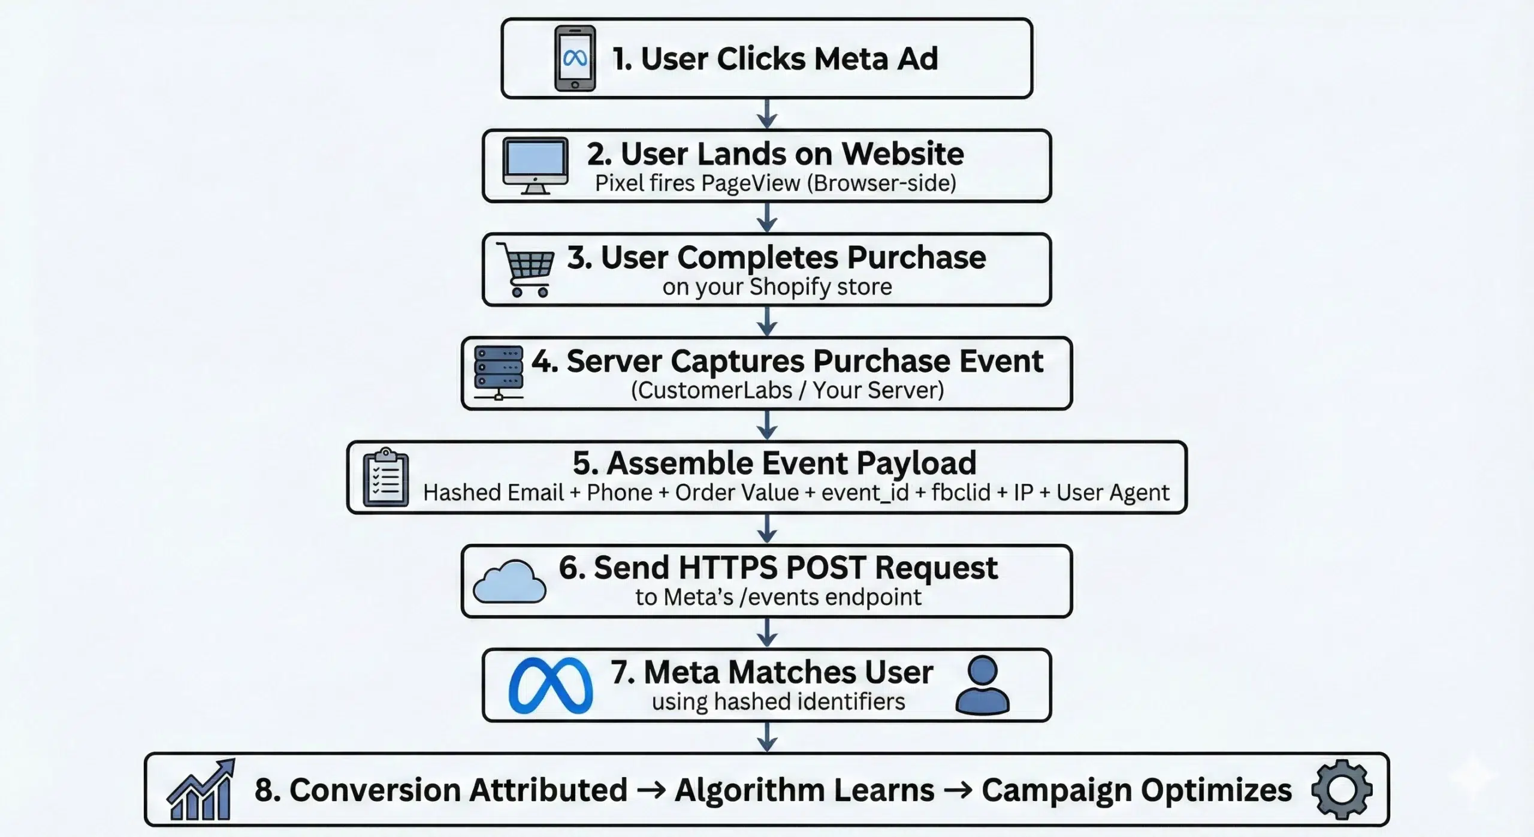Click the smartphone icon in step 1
(575, 58)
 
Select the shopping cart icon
(527, 269)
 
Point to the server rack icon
(498, 372)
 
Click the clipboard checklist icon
(386, 478)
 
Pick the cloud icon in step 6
(510, 582)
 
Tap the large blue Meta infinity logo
(550, 685)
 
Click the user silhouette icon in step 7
(982, 685)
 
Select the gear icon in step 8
(1341, 789)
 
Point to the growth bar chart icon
(201, 790)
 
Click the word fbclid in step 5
(961, 492)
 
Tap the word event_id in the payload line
(865, 492)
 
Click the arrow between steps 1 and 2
(767, 114)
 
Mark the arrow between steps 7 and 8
(767, 737)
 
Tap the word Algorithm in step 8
(804, 790)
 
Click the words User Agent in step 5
(1112, 492)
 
